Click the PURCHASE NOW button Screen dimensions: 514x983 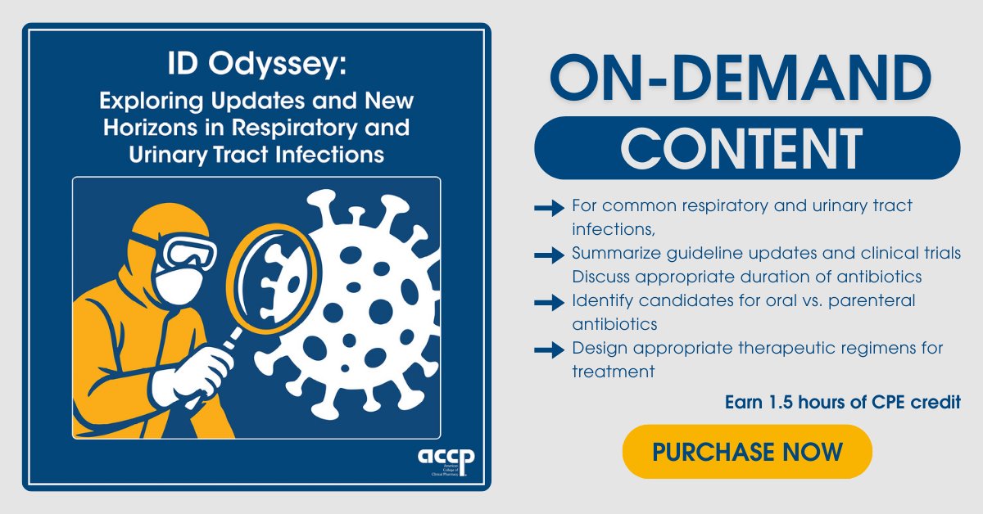[747, 451]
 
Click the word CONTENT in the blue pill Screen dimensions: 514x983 [746, 147]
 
